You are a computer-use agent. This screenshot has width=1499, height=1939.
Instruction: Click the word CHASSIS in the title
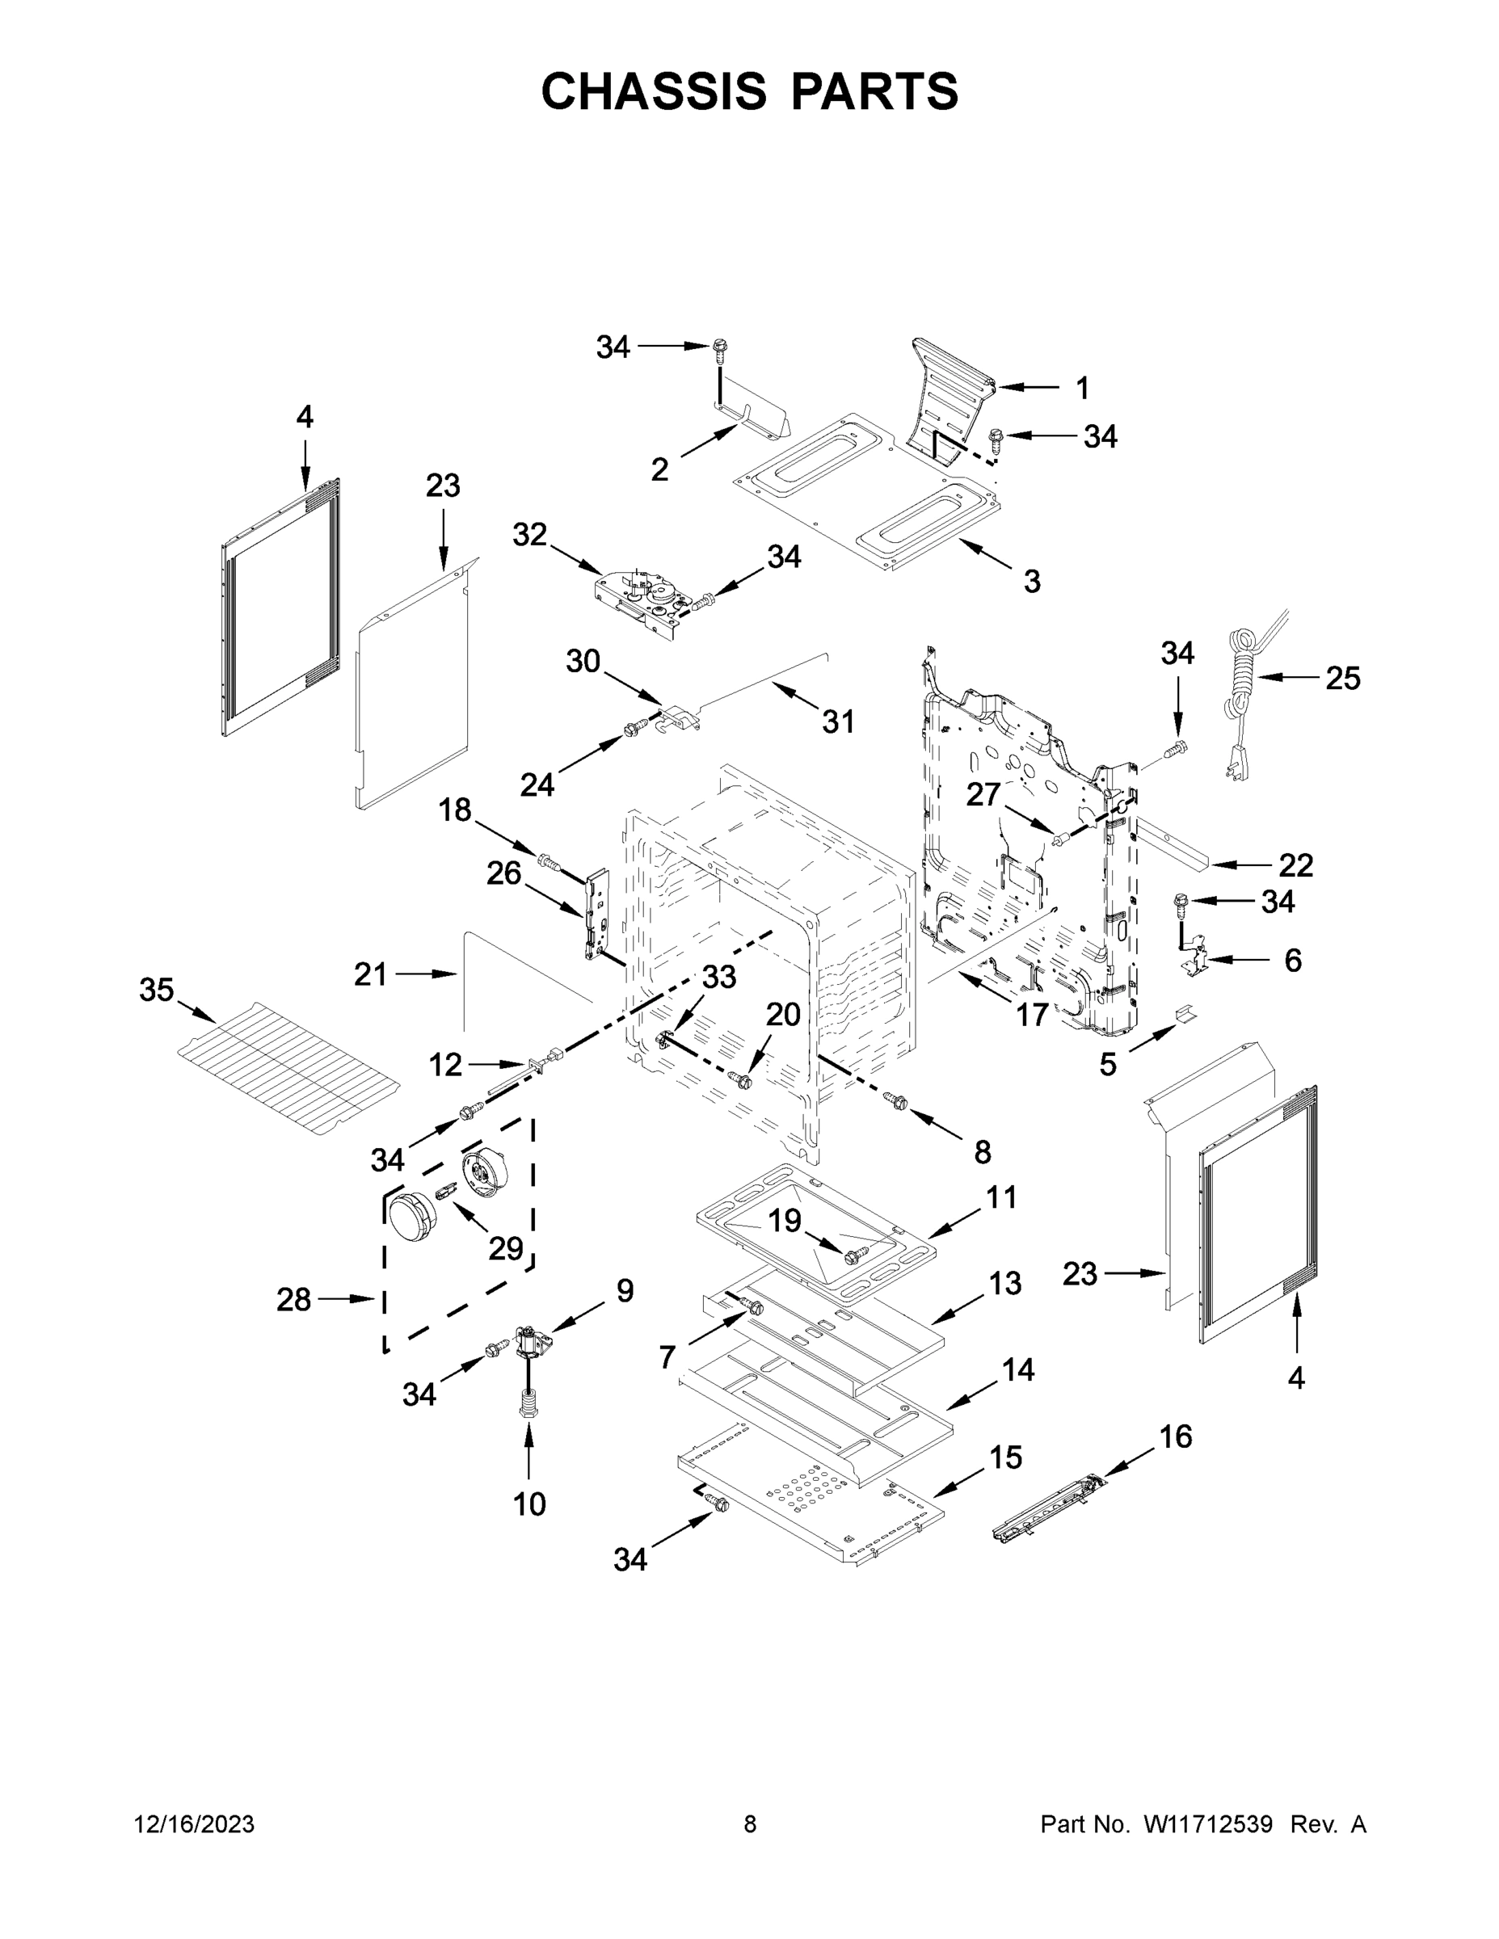654,91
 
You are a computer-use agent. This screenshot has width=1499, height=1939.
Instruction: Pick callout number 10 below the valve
529,1504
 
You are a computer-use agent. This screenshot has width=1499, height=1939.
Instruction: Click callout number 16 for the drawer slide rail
1176,1436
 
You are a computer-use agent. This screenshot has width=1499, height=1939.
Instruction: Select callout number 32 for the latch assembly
529,536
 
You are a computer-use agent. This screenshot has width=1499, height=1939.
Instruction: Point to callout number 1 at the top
1082,388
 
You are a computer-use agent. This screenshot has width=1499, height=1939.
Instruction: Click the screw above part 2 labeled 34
719,350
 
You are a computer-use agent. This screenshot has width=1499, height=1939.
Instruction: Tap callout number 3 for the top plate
1031,582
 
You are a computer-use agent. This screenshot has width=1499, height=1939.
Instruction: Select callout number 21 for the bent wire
370,975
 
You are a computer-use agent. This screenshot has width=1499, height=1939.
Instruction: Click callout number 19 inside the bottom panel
784,1221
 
